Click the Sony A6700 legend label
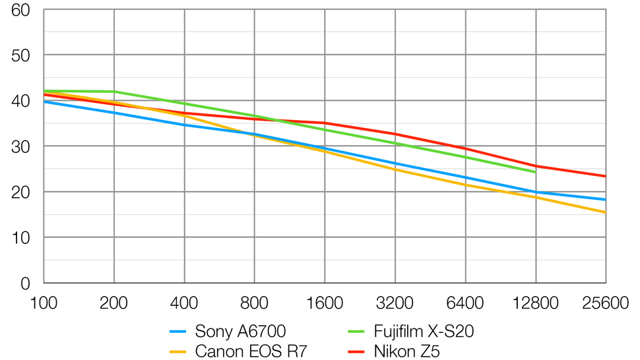click(241, 332)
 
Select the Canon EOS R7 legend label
click(251, 351)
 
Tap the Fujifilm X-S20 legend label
click(424, 332)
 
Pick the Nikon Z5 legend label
click(406, 351)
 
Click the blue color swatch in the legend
click(178, 332)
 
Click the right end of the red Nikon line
click(606, 176)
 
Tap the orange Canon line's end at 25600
click(606, 212)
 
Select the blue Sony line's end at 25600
click(606, 199)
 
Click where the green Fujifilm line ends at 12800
click(535, 172)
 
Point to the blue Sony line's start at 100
click(44, 102)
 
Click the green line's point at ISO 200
click(114, 92)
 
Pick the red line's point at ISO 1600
click(325, 123)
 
